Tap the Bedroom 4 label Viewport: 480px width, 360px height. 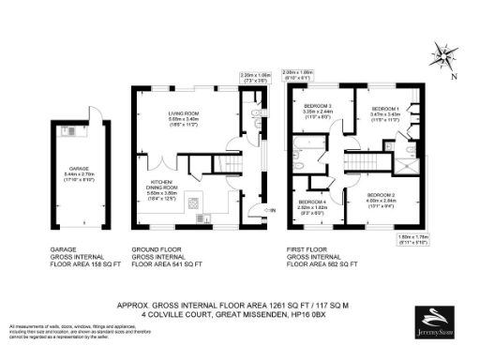[311, 204]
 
